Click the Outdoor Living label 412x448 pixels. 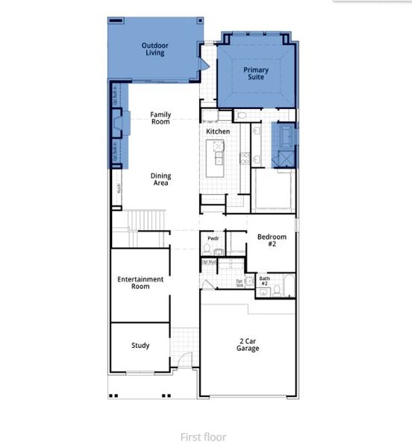pos(155,49)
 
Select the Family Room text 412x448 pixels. pos(160,118)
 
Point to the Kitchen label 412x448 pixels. pos(218,131)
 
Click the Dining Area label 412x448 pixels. pos(160,179)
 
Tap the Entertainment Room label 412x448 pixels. pos(140,282)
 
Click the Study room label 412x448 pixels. pos(140,346)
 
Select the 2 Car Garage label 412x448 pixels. pos(248,344)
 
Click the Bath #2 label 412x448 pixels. pos(264,281)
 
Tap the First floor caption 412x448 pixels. pos(202,437)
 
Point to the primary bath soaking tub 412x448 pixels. pos(284,137)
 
